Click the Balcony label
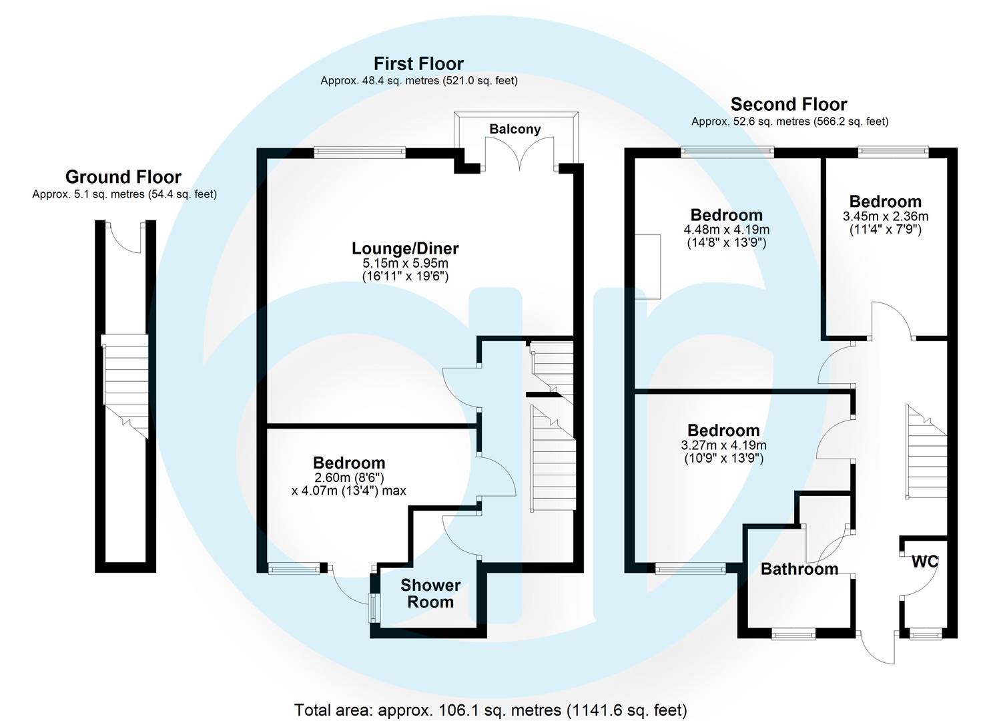(515, 129)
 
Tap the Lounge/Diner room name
(405, 248)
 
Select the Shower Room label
(430, 593)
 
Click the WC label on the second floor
(925, 562)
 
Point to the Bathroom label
(799, 569)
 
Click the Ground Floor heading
(123, 177)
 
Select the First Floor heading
(418, 63)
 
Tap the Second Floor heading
(789, 104)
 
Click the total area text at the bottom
(490, 710)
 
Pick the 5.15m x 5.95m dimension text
(405, 263)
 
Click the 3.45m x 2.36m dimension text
(886, 216)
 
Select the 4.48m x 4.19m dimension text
(726, 230)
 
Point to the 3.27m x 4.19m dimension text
(723, 445)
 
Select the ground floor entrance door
(125, 238)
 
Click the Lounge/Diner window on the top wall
(360, 152)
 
